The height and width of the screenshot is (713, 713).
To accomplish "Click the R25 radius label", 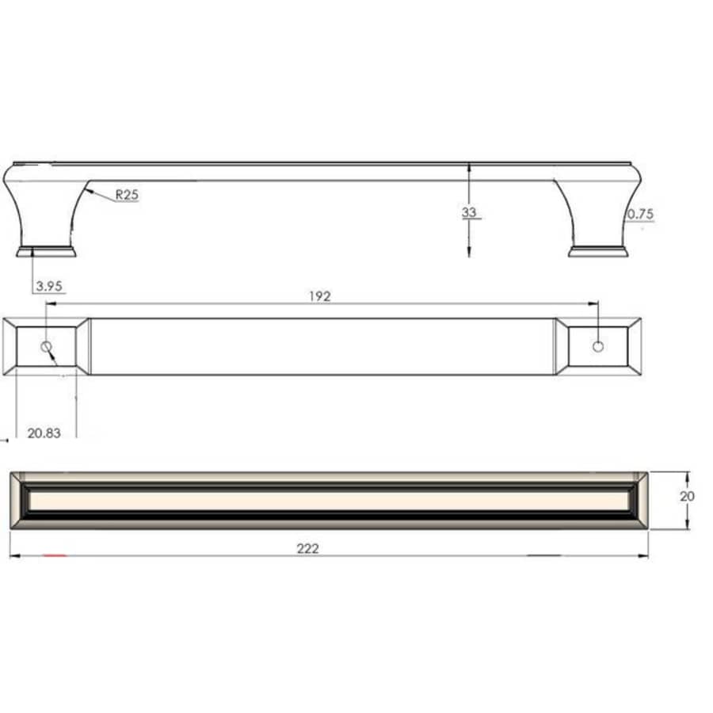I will point(127,194).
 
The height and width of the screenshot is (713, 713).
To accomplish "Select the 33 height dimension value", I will point(470,212).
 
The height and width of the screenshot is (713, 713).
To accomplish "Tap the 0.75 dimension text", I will point(639,214).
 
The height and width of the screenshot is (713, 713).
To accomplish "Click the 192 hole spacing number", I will point(321,295).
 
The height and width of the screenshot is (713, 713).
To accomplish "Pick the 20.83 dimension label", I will point(44,433).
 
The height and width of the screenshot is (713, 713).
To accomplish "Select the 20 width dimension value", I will point(687,496).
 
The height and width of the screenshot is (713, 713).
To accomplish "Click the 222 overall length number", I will point(308,548).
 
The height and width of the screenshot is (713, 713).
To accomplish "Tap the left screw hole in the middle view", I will point(47,347).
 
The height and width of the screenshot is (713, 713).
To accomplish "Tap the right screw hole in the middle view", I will point(598,346).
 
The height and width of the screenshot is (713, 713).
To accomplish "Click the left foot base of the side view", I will point(46,252).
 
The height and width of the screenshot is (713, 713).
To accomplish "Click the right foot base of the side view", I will point(599,252).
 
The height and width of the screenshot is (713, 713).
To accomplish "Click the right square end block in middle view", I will point(598,346).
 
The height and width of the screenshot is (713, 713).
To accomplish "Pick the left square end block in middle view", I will point(46,346).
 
